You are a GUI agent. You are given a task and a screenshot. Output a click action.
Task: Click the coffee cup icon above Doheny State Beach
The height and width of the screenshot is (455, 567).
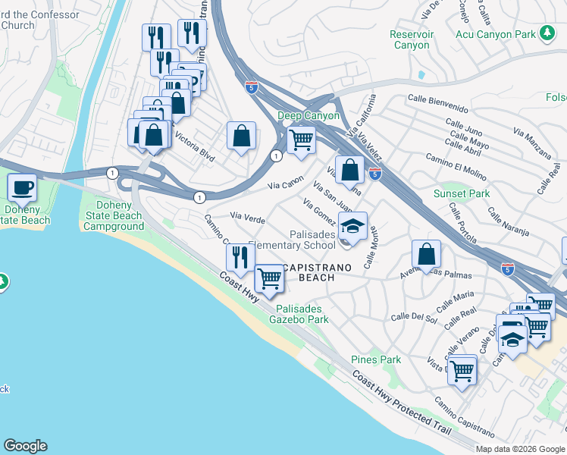[22, 187]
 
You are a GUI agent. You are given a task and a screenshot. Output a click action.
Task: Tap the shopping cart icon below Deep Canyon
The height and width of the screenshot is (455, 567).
[302, 140]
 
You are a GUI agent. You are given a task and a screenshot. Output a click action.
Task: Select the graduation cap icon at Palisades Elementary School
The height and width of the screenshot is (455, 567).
[352, 225]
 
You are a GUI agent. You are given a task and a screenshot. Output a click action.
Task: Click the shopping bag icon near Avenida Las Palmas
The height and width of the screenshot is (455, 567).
[427, 254]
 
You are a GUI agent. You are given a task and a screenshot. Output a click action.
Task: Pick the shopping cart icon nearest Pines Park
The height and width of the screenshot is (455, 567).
[462, 371]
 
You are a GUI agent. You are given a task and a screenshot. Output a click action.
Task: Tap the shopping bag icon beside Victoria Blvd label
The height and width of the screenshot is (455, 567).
[241, 136]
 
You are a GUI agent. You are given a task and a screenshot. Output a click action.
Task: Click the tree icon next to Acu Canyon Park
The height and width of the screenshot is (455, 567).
[547, 33]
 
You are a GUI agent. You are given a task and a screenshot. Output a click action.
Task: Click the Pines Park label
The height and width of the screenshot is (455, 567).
[375, 359]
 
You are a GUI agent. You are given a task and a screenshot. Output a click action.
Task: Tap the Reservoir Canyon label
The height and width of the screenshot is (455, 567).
[411, 39]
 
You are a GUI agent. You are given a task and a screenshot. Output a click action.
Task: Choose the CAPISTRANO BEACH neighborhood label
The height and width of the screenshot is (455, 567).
[308, 272]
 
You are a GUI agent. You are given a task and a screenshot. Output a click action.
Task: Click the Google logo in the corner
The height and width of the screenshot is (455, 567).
[25, 446]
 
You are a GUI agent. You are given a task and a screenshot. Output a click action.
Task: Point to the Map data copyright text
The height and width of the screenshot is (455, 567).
[520, 449]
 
